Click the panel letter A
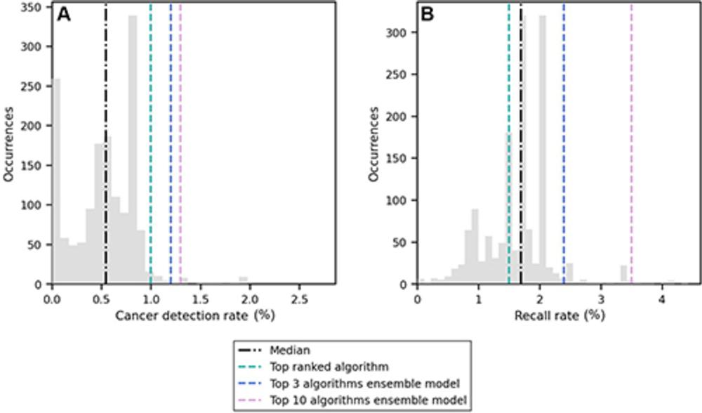63,15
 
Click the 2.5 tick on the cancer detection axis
299,298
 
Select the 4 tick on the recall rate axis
661,298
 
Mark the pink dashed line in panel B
631,140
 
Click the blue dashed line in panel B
563,140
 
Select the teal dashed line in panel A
151,140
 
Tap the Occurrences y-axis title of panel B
373,144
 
